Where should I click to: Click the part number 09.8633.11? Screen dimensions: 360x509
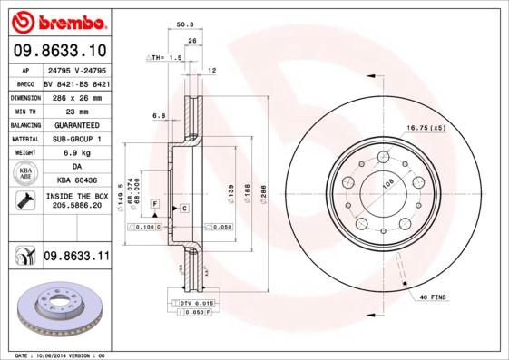(75, 257)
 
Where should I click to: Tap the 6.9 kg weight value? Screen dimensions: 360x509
(76, 153)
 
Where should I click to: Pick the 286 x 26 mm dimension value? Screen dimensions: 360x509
(76, 96)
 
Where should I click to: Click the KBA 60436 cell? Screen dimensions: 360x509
(76, 181)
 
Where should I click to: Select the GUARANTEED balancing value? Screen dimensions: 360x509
(76, 124)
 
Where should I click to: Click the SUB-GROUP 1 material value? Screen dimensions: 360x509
(76, 139)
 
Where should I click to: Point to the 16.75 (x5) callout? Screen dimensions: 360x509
(426, 127)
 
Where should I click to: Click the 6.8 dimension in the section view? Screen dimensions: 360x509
(159, 115)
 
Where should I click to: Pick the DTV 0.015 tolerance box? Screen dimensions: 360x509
(192, 302)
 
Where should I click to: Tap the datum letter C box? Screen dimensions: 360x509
(184, 209)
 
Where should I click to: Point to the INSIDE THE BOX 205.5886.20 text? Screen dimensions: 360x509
(76, 200)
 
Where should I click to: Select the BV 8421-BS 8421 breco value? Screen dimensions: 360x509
(76, 82)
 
